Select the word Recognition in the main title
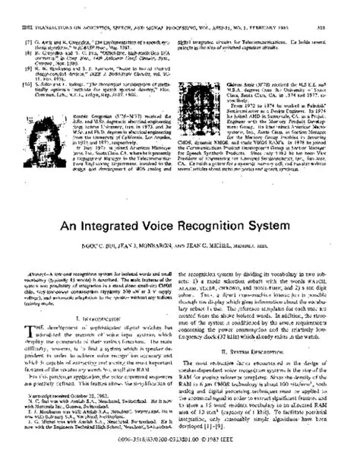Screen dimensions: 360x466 [231, 206]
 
